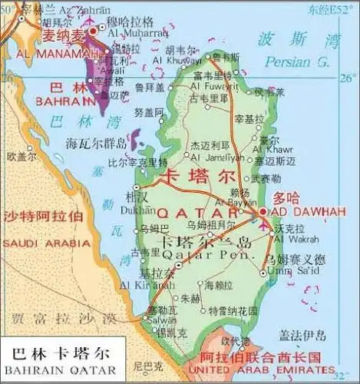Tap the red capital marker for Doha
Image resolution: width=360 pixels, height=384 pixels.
pos(263,210)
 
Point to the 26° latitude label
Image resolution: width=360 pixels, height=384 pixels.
pos(348,78)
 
